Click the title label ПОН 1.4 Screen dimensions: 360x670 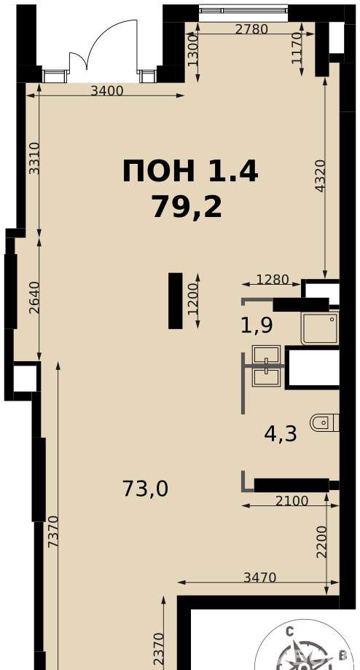pos(189,171)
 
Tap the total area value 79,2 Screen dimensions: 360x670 pos(187,208)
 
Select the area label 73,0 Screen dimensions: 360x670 pos(145,489)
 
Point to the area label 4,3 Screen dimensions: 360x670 pos(281,434)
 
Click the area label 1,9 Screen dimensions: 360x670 pos(257,325)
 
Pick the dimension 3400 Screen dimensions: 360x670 pos(107,90)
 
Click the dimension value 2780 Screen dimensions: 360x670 pos(251,29)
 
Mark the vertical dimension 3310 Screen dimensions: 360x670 pos(34,158)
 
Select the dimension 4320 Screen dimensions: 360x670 pos(321,176)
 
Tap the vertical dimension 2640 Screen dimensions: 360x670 pos(34,297)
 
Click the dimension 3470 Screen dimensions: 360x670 pos(260,578)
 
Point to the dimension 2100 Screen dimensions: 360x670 pos(291,501)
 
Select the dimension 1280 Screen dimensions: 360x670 pos(273,280)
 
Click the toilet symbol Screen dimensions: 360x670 pos(324,422)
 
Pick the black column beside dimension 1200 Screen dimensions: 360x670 pos(176,301)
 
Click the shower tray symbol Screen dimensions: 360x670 pos(320,328)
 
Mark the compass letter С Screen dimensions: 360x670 pos(290,631)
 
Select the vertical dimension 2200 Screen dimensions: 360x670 pos(321,541)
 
